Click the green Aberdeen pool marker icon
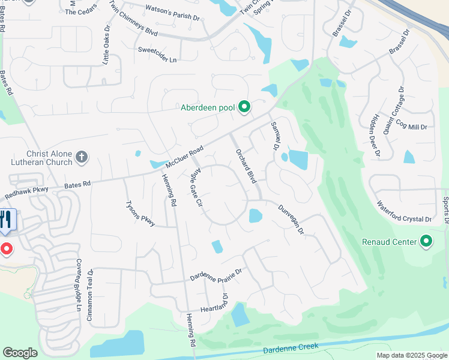[x=244, y=107]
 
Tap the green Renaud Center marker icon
[x=426, y=242]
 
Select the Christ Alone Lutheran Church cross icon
[x=82, y=158]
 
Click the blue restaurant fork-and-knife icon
[x=7, y=220]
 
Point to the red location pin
[x=6, y=248]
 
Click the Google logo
[x=20, y=353]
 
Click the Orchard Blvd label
[x=247, y=167]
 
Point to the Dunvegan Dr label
[x=292, y=219]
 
